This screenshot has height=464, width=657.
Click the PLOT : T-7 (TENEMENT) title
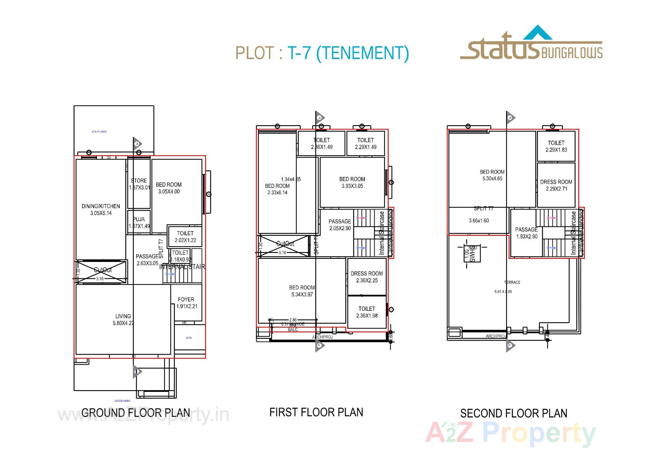tap(322, 53)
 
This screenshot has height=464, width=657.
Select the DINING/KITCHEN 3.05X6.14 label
tap(101, 210)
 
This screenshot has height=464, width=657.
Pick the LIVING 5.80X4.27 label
tap(123, 320)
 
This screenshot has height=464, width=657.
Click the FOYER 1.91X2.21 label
tap(186, 303)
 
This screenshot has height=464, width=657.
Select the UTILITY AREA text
tap(99, 132)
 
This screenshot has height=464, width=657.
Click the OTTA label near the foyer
tap(189, 338)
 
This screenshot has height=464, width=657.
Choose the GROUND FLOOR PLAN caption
tap(136, 413)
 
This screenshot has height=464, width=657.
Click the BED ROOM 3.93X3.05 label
tap(352, 183)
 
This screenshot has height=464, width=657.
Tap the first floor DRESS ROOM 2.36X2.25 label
tap(367, 277)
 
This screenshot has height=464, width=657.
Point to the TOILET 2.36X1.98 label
tap(367, 312)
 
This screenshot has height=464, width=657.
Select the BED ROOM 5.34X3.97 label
tap(302, 291)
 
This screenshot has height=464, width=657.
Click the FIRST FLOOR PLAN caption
tap(316, 412)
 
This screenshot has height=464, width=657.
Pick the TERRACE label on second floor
tap(512, 282)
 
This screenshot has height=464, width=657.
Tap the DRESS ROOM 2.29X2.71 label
tap(556, 185)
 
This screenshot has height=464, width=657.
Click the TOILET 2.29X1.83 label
tap(556, 146)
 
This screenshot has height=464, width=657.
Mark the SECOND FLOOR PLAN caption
tap(514, 413)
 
